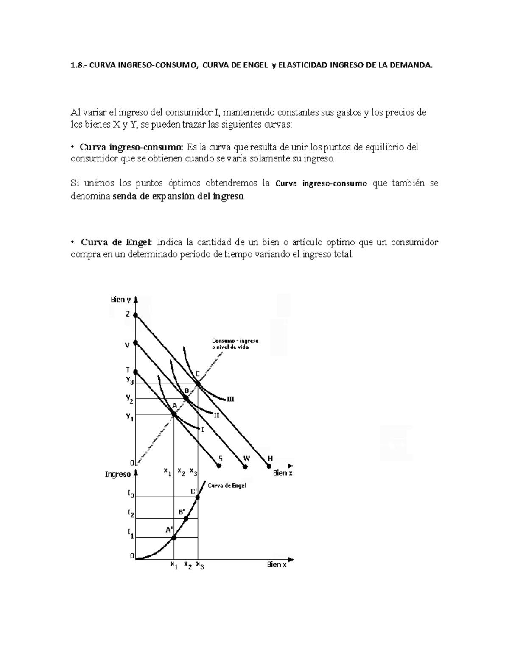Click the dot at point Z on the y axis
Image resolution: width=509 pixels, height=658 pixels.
(136, 315)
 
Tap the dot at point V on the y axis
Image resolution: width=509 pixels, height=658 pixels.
(136, 342)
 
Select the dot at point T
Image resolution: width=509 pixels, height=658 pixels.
(136, 372)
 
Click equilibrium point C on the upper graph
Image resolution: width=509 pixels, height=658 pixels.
(198, 383)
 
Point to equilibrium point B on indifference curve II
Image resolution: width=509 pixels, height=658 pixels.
(186, 398)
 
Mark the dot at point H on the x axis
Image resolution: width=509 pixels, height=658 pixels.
(269, 466)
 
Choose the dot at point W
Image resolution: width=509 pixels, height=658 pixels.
(245, 466)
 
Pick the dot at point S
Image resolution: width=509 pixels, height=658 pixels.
(219, 466)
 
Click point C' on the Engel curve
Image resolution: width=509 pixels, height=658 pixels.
(198, 497)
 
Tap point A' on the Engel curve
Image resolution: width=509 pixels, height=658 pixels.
(174, 538)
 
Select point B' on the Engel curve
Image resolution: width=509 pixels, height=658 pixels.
(186, 518)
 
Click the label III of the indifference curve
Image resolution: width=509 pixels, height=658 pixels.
(230, 399)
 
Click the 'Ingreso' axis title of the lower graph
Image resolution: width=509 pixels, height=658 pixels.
(117, 474)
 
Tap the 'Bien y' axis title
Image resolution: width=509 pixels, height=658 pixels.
(121, 300)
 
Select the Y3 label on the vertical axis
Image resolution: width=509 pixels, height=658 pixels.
(129, 380)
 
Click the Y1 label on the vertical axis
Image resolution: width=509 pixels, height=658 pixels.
(129, 417)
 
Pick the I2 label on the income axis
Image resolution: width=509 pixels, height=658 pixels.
(131, 514)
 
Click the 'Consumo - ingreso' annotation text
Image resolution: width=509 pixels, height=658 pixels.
(235, 341)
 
